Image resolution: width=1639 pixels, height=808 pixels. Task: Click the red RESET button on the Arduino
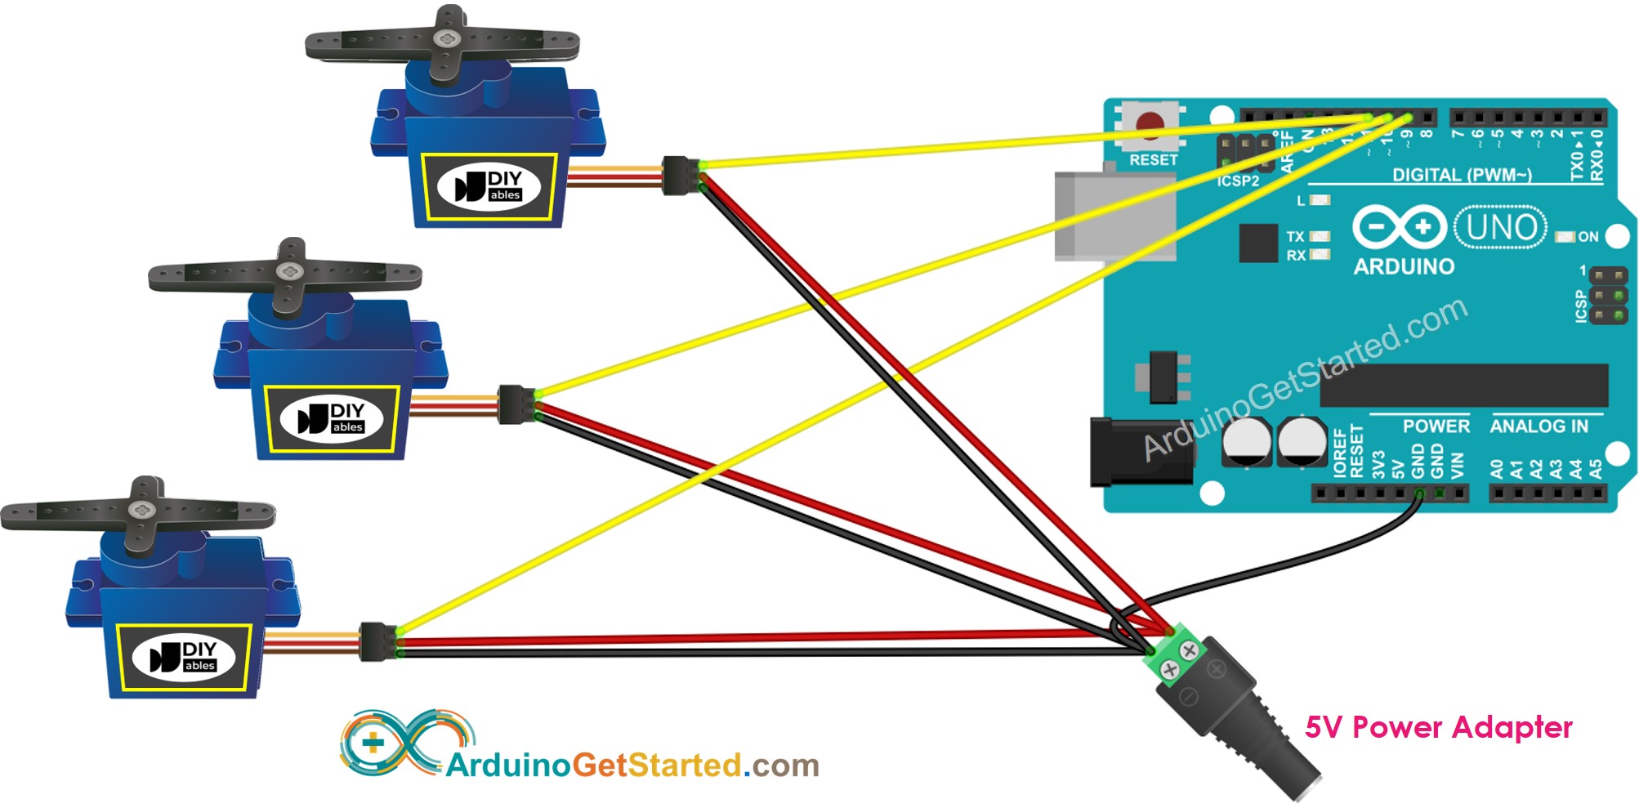click(1150, 125)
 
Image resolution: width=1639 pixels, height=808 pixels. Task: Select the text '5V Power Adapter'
click(1438, 727)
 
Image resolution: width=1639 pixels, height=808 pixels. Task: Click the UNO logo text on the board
click(1501, 227)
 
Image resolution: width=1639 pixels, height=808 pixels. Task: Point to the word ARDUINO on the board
click(1404, 266)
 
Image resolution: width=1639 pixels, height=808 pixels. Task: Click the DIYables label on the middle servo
click(331, 418)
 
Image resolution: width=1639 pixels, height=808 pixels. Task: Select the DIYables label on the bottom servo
click(183, 657)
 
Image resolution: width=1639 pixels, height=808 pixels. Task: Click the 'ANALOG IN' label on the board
click(1539, 426)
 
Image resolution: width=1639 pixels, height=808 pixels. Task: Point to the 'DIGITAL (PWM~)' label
click(1462, 174)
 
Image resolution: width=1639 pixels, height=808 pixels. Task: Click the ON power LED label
click(1588, 237)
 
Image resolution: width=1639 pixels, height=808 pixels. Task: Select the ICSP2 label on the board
click(1238, 181)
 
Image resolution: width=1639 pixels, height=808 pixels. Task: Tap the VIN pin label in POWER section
click(1458, 465)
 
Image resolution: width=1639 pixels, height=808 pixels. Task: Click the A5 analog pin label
click(1595, 468)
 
